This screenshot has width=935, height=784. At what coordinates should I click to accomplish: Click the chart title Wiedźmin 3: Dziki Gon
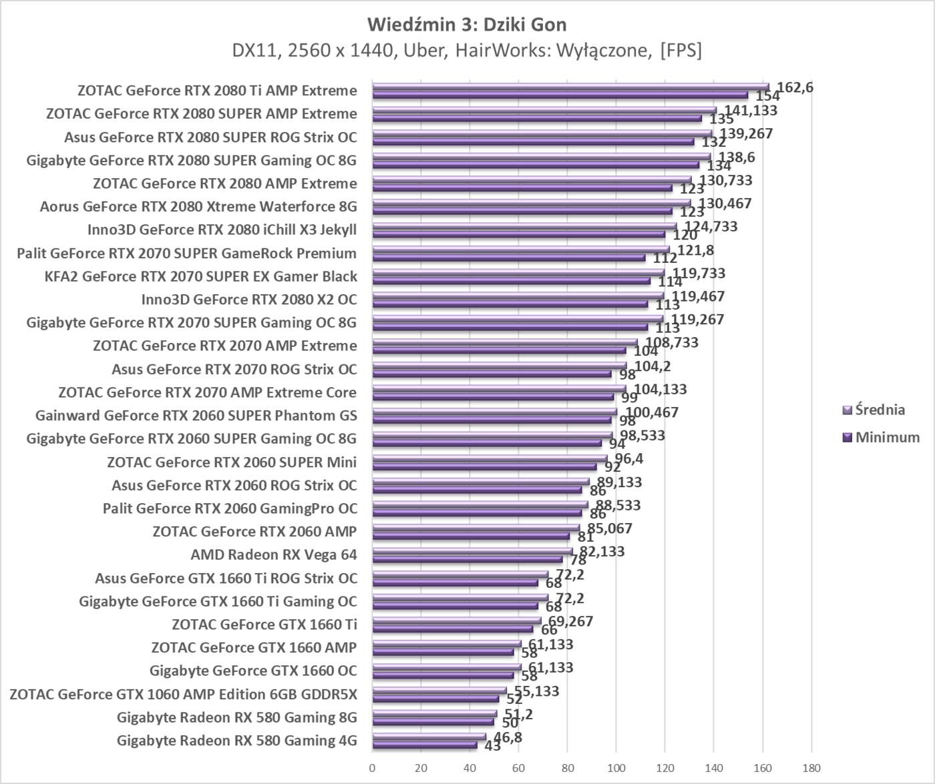click(467, 25)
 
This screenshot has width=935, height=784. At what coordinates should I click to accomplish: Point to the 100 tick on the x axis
click(616, 768)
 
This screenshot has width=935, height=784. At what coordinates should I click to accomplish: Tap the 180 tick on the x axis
click(811, 768)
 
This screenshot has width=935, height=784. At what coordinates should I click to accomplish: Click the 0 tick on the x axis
click(372, 768)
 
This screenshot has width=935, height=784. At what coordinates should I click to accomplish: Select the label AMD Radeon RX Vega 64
click(274, 555)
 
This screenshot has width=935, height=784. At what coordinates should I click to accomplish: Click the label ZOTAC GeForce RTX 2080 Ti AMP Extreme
click(217, 91)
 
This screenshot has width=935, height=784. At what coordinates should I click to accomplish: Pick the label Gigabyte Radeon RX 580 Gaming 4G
click(236, 741)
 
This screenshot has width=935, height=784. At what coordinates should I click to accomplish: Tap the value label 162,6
click(795, 87)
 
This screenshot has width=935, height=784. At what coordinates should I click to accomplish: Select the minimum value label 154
click(767, 97)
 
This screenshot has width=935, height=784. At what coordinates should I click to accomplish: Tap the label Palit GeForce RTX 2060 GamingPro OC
click(230, 508)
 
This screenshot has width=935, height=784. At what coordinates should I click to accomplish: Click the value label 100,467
click(652, 412)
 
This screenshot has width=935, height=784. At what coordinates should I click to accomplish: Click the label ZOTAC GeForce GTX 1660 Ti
click(264, 625)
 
